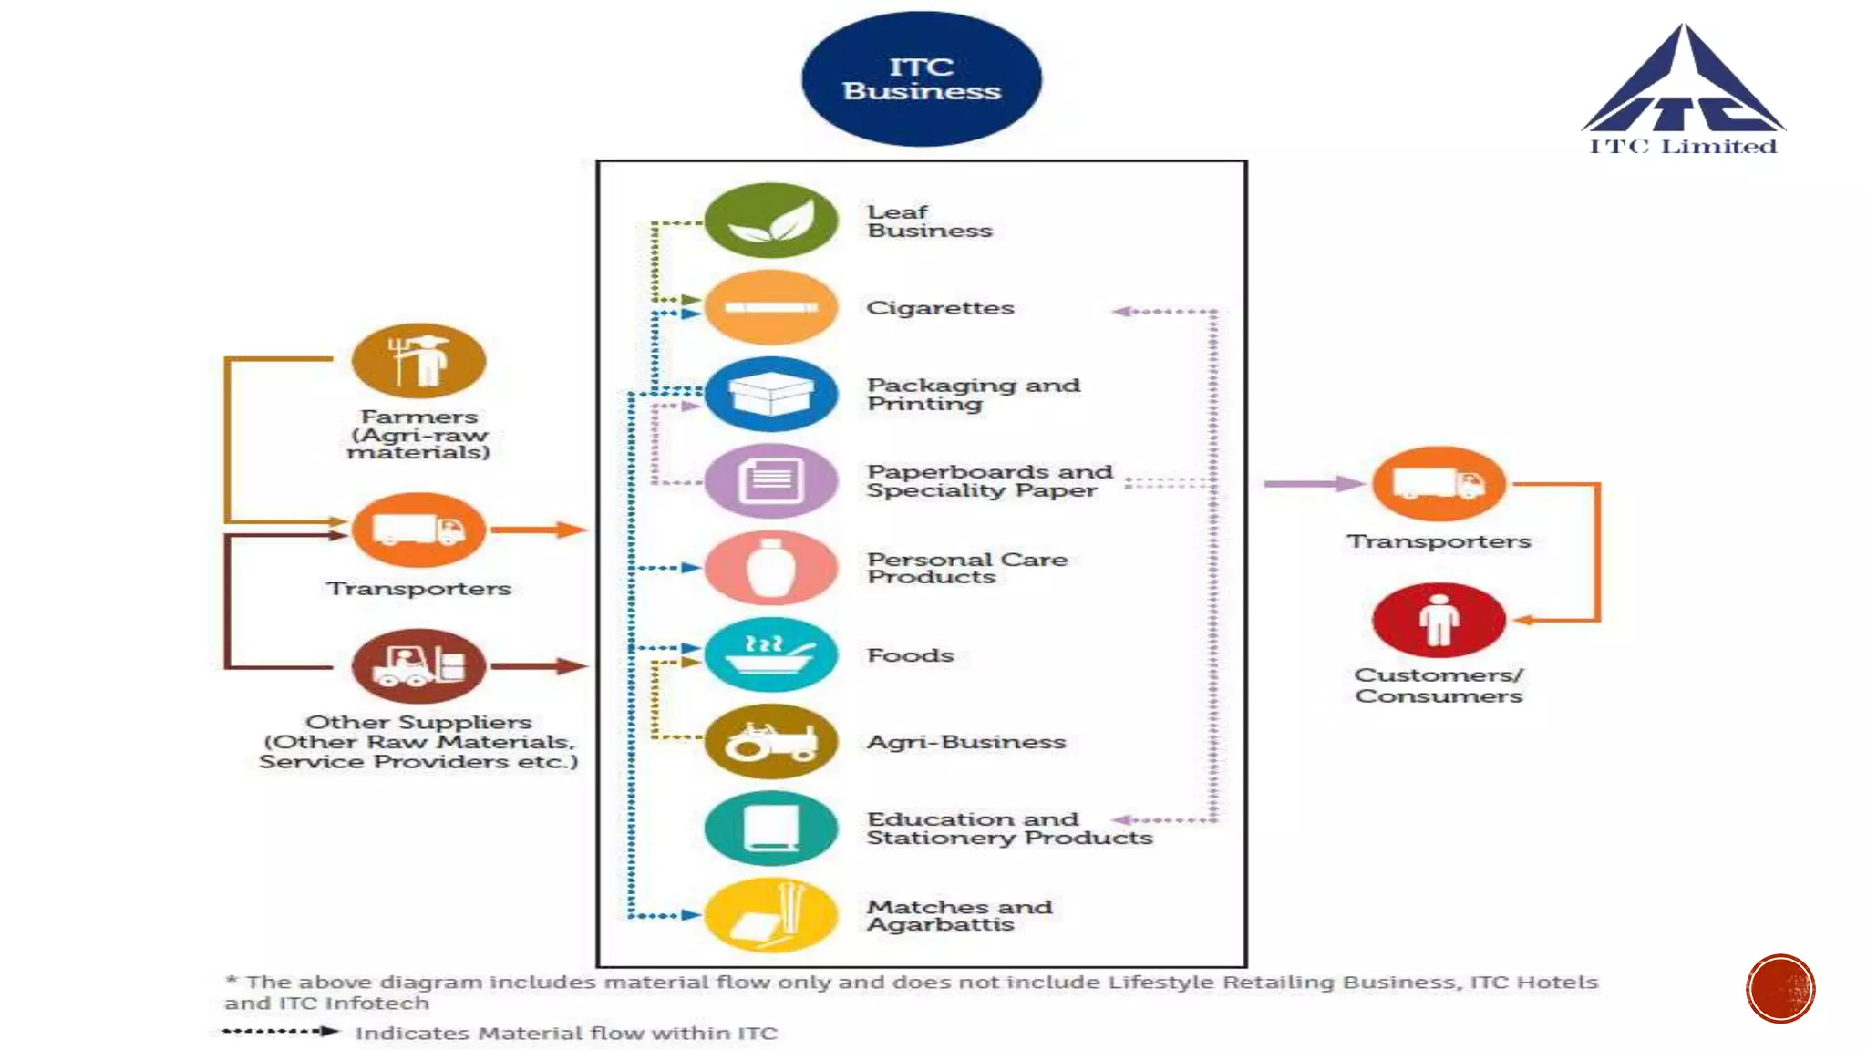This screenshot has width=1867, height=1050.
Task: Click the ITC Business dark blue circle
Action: click(x=921, y=79)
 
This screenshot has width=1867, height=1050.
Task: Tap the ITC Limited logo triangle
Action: click(x=1683, y=87)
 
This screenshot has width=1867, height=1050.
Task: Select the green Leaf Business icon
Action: click(x=771, y=221)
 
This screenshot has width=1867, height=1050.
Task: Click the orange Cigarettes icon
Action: click(x=771, y=307)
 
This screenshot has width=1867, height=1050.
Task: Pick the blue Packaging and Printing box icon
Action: click(x=771, y=394)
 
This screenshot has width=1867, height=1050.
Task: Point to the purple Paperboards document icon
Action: click(x=771, y=480)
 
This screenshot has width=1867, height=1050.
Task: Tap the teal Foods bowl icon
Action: click(x=771, y=654)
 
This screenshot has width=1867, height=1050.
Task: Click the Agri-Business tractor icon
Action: click(x=771, y=741)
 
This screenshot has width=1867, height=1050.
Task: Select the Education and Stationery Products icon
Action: click(x=771, y=828)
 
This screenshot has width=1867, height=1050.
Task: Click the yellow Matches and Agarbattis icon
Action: click(x=771, y=915)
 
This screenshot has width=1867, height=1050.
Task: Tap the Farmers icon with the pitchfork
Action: click(x=418, y=360)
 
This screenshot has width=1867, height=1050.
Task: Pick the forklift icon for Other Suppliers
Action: click(x=418, y=666)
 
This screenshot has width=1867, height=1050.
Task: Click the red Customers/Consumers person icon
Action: click(x=1439, y=620)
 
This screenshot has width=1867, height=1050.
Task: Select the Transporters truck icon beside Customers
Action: click(x=1439, y=484)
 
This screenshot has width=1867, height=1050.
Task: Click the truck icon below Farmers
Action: click(x=418, y=530)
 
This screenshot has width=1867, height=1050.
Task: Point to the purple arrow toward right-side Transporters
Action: click(x=1313, y=484)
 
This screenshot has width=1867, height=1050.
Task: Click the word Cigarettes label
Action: click(x=940, y=308)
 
